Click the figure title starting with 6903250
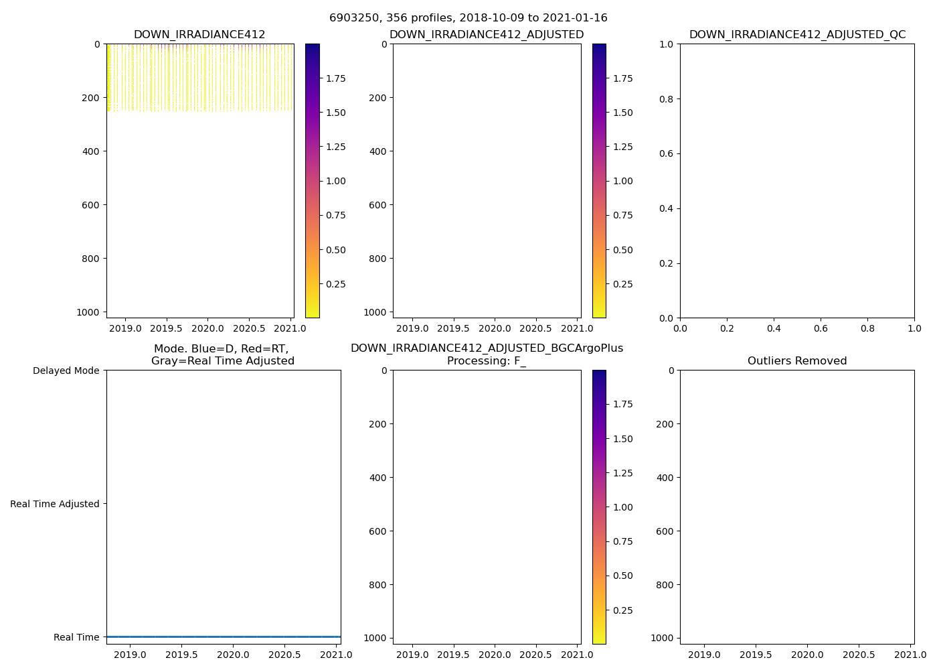click(x=468, y=18)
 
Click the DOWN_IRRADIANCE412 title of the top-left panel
click(x=199, y=35)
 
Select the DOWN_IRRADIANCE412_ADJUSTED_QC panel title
click(x=797, y=35)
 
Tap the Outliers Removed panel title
click(x=797, y=361)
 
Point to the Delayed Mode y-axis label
click(x=66, y=371)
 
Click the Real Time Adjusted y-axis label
click(x=55, y=504)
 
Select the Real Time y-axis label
click(x=76, y=637)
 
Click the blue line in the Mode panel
click(x=224, y=636)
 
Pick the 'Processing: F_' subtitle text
click(x=487, y=361)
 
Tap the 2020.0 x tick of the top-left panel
click(x=207, y=328)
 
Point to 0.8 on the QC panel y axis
click(x=664, y=99)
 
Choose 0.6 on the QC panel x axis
click(x=821, y=328)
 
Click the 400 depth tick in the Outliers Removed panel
click(x=663, y=478)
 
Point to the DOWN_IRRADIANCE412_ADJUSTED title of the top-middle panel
click(x=487, y=35)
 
